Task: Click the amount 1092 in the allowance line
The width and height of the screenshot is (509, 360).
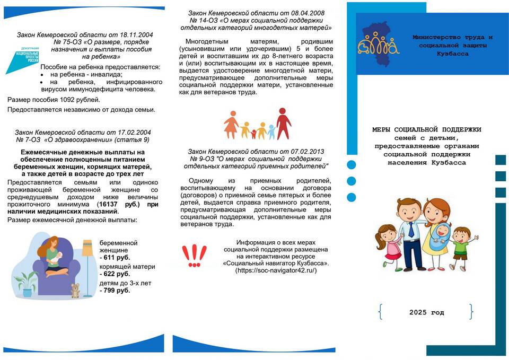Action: tap(67, 100)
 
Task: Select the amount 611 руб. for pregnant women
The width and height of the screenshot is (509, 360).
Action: tap(115, 257)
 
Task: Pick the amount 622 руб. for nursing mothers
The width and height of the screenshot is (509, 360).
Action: tap(115, 274)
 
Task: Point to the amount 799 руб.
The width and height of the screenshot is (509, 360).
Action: tap(115, 291)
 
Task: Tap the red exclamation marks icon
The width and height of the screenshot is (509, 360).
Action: tap(194, 256)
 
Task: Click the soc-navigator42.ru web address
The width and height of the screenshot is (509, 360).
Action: tap(276, 270)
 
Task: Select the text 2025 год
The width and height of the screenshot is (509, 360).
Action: tap(426, 312)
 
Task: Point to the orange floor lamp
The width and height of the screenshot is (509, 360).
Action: tap(87, 260)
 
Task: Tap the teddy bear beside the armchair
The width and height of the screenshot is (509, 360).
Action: tap(75, 290)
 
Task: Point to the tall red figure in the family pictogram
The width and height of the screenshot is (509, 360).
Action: tap(284, 123)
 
